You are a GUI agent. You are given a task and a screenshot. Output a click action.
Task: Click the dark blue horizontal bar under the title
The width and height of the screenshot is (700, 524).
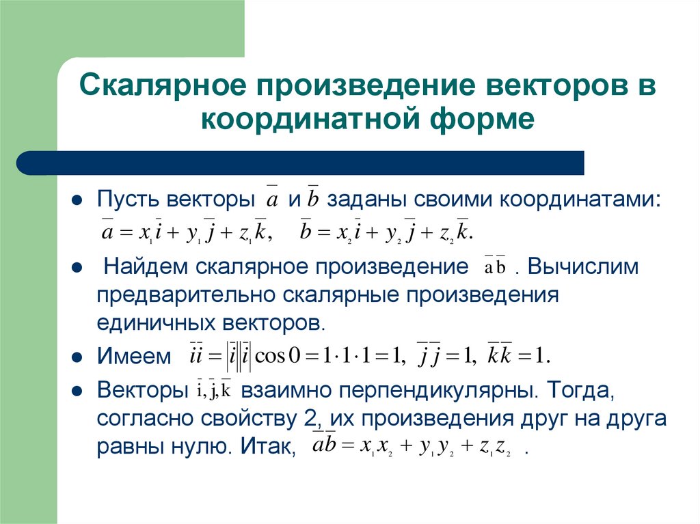[301, 163]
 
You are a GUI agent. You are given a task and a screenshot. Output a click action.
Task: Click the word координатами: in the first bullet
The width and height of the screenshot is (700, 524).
[580, 200]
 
